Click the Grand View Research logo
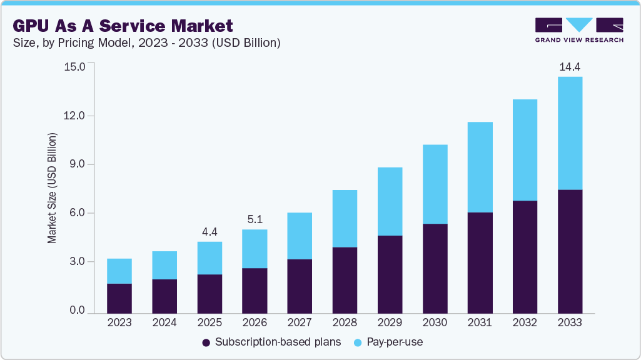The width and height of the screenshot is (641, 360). pos(579,30)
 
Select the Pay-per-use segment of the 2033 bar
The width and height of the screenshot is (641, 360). pos(570,133)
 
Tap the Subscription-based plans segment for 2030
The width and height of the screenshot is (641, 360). pos(435,268)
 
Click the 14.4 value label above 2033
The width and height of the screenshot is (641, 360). pos(570,67)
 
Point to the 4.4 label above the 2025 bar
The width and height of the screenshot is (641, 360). pos(209,232)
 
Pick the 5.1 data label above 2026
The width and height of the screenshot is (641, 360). pos(255,219)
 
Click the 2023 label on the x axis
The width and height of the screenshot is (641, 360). pos(119,322)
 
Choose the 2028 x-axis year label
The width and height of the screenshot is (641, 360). pos(345,322)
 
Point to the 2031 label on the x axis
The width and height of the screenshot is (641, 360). pos(480,322)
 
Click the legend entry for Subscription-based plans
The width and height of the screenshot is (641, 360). pos(271,342)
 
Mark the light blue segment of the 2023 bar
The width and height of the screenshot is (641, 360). pos(119,271)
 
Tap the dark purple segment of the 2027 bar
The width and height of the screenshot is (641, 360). pos(300,286)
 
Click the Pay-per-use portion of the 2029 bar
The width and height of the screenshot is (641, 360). pos(390,201)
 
